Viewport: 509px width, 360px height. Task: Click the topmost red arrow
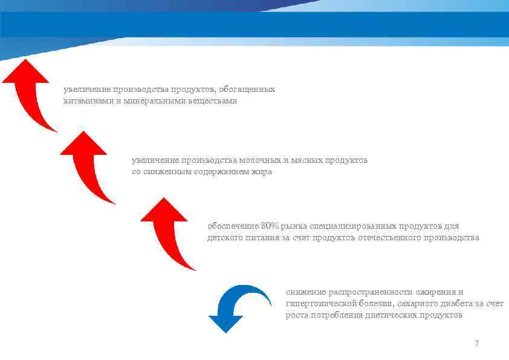click(x=30, y=91)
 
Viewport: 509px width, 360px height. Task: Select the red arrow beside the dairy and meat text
click(x=88, y=163)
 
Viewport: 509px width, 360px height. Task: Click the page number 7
click(x=476, y=343)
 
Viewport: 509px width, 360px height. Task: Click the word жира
click(x=264, y=172)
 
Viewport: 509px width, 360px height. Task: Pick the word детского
click(x=225, y=238)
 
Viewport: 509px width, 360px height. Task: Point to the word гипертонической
click(x=320, y=304)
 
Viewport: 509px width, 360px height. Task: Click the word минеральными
click(x=156, y=101)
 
